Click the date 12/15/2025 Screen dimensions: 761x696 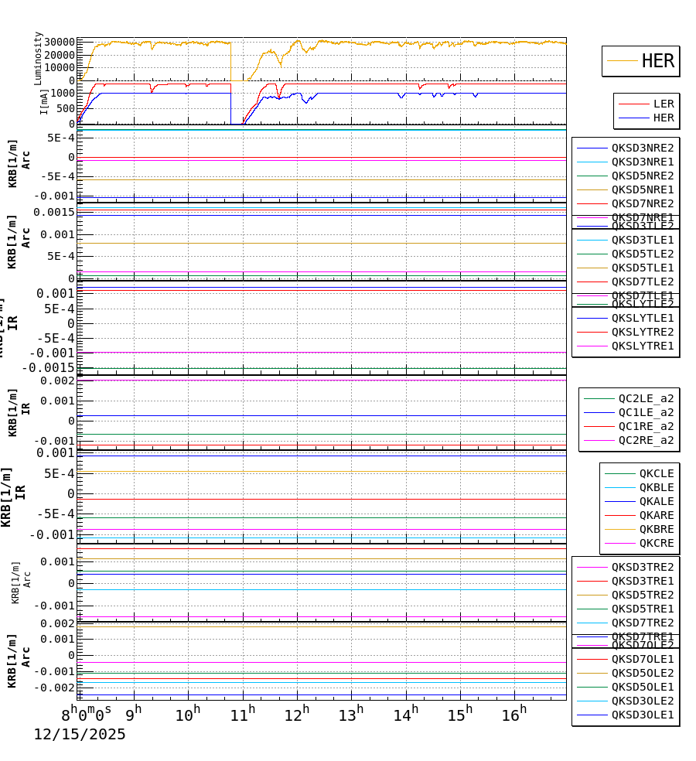pos(79,735)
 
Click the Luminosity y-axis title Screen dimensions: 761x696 pos(38,58)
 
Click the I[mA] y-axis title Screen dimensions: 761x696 pos(44,101)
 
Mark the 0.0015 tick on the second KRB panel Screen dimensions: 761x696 pos(53,212)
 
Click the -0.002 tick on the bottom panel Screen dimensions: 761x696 pos(53,688)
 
